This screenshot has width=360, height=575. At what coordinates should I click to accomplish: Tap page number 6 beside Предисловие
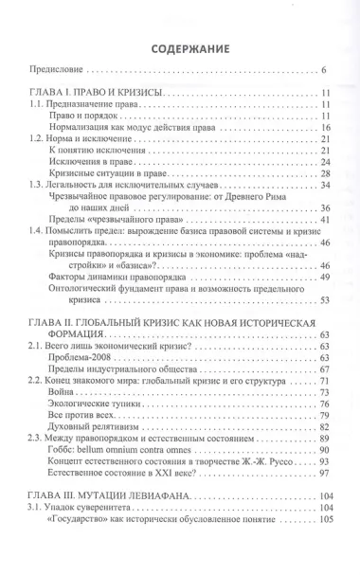(323, 70)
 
